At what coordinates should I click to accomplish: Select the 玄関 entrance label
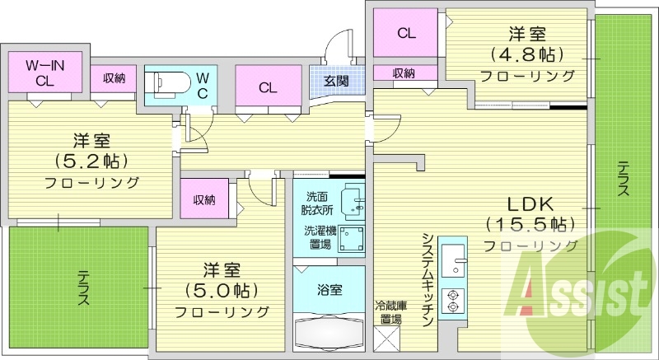click(335, 81)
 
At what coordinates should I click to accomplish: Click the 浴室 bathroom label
click(329, 289)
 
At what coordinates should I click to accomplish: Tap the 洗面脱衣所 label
click(316, 203)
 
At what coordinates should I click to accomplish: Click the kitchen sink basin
click(453, 263)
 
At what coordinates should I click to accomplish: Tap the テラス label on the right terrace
click(624, 176)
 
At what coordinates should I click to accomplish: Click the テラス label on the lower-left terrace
click(83, 288)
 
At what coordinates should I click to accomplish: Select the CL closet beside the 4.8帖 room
click(405, 34)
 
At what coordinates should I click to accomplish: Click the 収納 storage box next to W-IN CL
click(114, 78)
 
